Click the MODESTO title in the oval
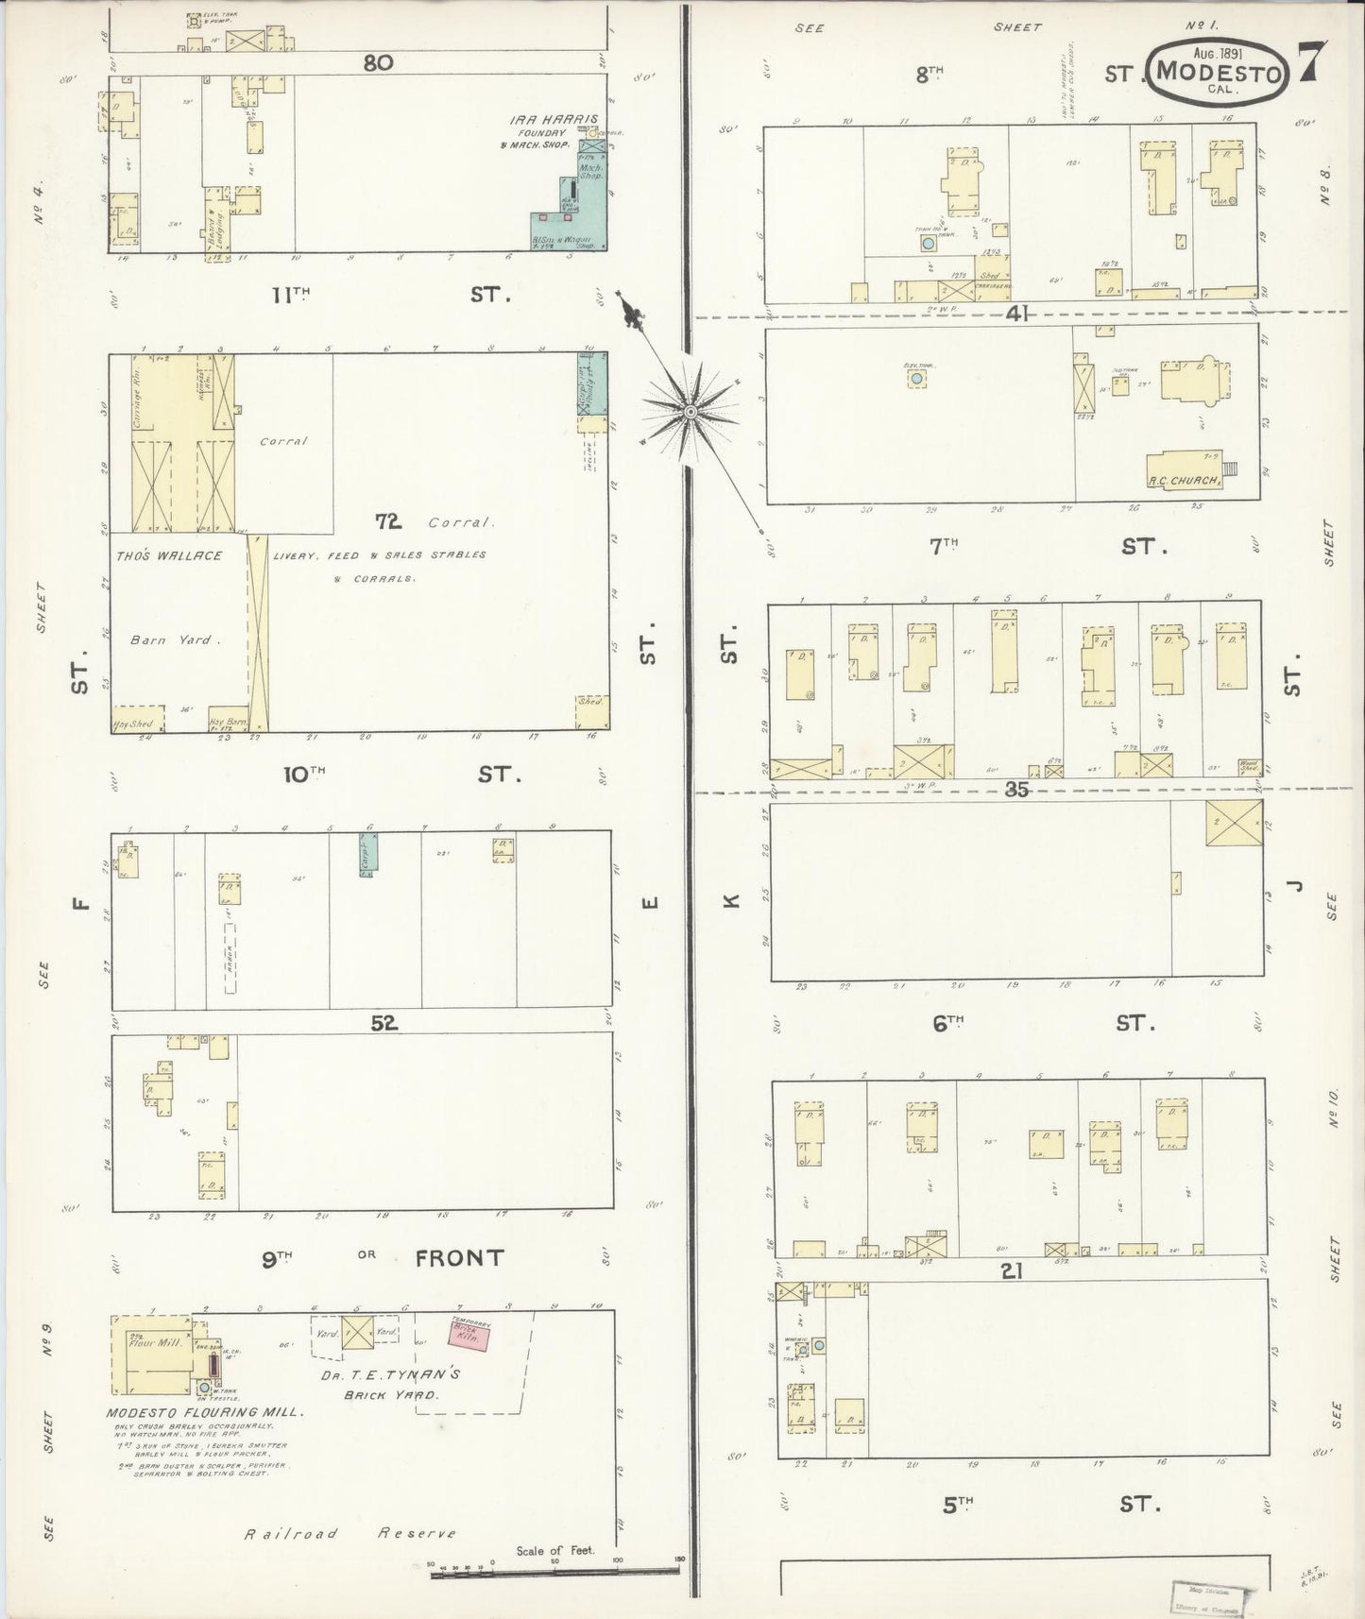pyautogui.click(x=1220, y=73)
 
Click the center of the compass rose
pyautogui.click(x=691, y=412)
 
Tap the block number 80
pyautogui.click(x=377, y=62)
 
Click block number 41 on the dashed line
pyautogui.click(x=1015, y=314)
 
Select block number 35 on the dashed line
pyautogui.click(x=1015, y=790)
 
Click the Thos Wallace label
pyautogui.click(x=169, y=555)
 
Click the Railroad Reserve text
pyautogui.click(x=350, y=1534)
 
